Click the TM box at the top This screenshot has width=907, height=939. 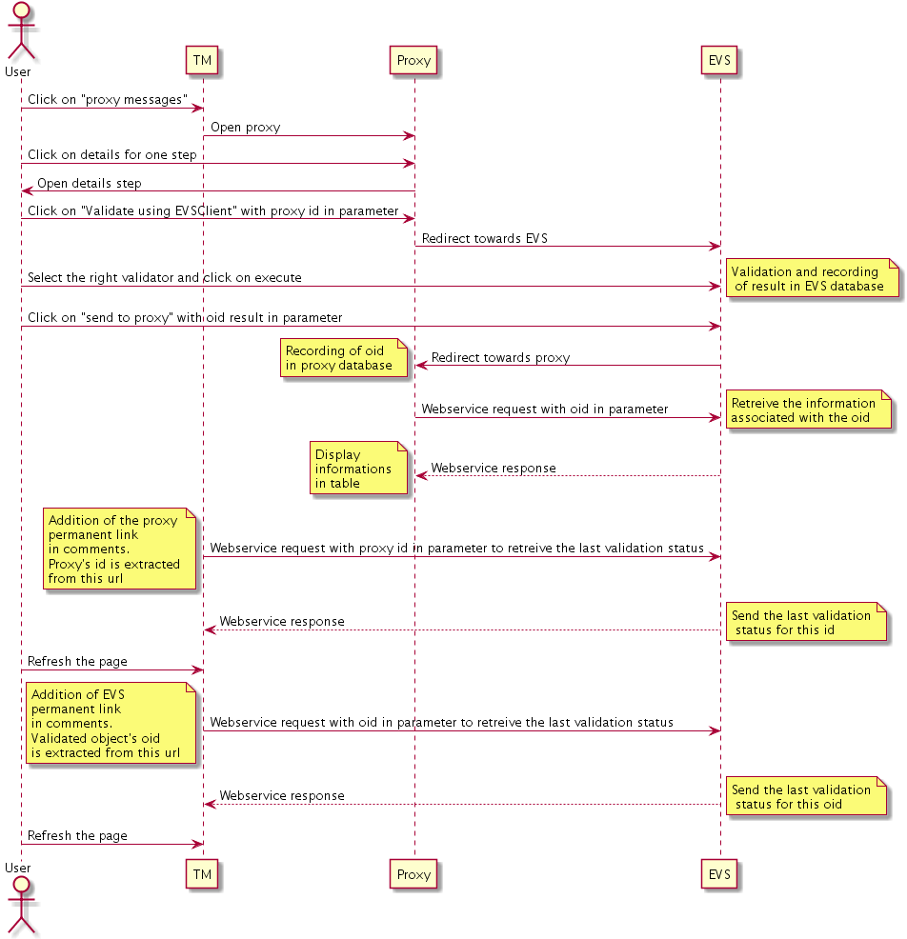203,61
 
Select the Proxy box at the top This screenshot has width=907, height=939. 413,61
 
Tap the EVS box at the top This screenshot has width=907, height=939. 720,61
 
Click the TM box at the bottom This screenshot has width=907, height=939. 203,874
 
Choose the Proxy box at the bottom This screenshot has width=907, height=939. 413,874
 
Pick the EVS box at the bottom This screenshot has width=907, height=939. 720,874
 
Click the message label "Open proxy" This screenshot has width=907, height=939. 246,128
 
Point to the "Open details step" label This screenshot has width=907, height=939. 90,183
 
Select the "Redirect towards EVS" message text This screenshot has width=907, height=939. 484,238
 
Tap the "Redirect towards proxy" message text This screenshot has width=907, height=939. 500,358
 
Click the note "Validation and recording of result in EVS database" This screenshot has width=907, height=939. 808,279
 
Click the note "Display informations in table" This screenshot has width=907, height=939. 357,469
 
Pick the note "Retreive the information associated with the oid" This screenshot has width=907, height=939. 806,410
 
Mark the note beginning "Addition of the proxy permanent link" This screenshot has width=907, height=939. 118,549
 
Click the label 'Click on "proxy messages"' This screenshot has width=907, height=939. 107,100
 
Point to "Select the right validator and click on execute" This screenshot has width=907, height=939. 165,278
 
